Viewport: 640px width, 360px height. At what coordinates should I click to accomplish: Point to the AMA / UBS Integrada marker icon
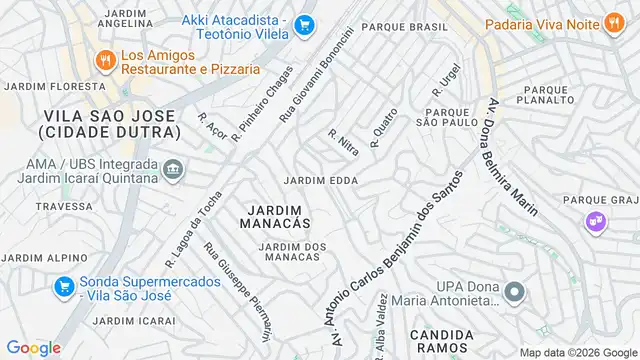(174, 169)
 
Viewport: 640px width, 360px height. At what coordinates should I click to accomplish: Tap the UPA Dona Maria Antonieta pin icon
(514, 292)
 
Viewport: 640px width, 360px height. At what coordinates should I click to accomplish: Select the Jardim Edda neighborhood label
(321, 181)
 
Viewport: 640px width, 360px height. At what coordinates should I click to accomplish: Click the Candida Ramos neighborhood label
(441, 341)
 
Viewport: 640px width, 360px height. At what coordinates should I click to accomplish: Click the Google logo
(33, 348)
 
